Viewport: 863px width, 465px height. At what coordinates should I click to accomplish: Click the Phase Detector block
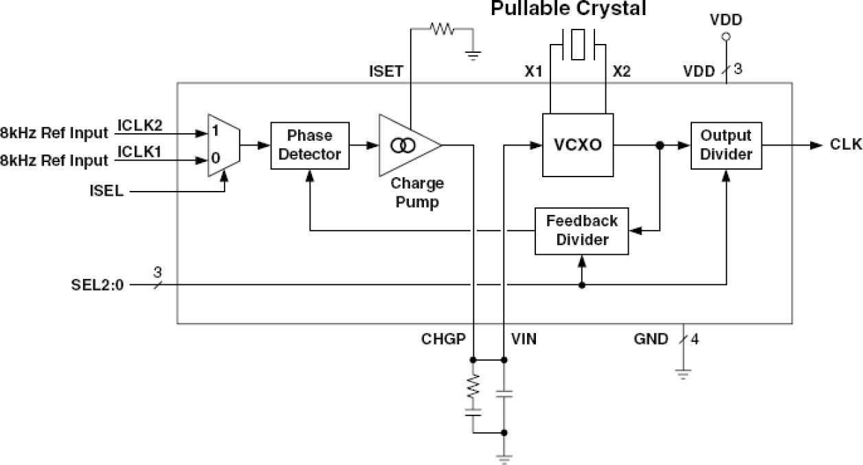pyautogui.click(x=309, y=145)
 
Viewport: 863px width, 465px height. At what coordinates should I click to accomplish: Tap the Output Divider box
pyautogui.click(x=726, y=145)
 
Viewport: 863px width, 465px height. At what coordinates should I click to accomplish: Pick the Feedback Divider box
pyautogui.click(x=581, y=231)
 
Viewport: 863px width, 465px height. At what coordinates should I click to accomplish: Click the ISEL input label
pyautogui.click(x=106, y=192)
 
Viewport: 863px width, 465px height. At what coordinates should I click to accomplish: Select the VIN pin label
pyautogui.click(x=524, y=339)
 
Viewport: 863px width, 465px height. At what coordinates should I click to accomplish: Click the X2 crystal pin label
pyautogui.click(x=621, y=71)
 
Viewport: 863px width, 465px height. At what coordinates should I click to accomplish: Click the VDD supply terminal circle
pyautogui.click(x=726, y=38)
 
